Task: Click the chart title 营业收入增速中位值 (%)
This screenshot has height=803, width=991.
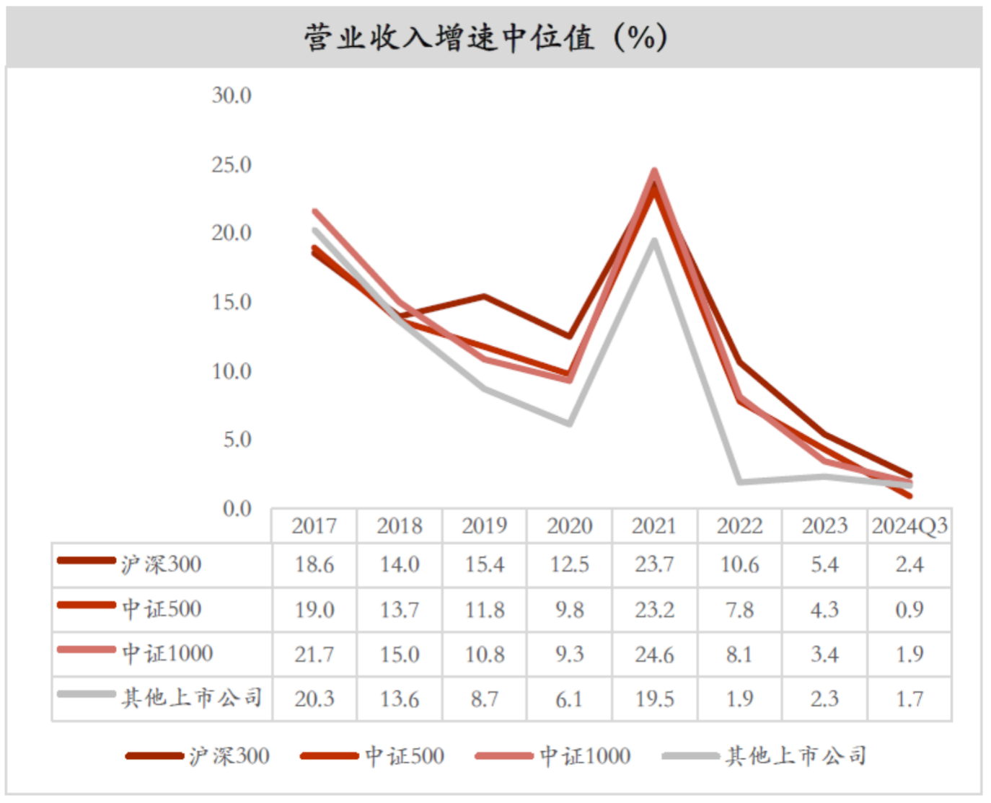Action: [x=485, y=37]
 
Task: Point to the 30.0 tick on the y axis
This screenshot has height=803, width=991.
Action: [x=232, y=95]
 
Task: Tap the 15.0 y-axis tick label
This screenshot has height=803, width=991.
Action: [x=232, y=302]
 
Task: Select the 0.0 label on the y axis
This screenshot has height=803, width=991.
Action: [x=237, y=509]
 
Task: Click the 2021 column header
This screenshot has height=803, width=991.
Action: [x=654, y=526]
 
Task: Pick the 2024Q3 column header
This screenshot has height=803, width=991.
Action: [x=909, y=526]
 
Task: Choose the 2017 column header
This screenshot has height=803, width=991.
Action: [x=314, y=526]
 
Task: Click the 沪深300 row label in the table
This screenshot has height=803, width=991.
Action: [x=161, y=564]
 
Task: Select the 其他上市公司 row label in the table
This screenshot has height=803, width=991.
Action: [x=191, y=698]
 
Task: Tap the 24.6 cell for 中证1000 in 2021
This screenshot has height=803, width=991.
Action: [x=654, y=655]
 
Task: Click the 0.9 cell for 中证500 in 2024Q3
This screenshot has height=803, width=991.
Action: [x=909, y=610]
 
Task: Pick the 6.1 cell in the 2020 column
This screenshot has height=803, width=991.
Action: [x=569, y=698]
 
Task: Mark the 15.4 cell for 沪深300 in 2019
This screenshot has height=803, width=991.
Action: [x=484, y=564]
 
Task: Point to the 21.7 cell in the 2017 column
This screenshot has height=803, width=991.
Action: [x=314, y=655]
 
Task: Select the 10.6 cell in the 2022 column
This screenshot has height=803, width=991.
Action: [x=739, y=564]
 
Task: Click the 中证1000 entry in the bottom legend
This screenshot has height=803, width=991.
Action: [x=585, y=756]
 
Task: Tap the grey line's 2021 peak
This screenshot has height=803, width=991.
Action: [x=654, y=241]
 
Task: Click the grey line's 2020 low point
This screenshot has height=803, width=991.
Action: [x=569, y=424]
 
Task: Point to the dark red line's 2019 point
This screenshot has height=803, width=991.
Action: [x=484, y=296]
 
